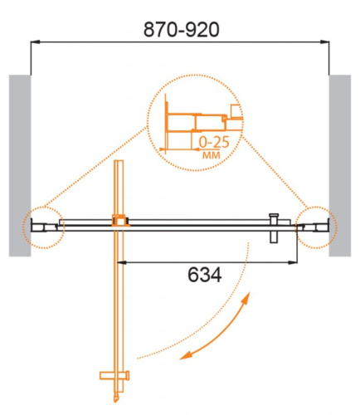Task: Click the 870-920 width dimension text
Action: (180, 31)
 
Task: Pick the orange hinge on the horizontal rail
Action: (120, 221)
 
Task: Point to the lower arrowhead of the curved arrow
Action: (187, 354)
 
